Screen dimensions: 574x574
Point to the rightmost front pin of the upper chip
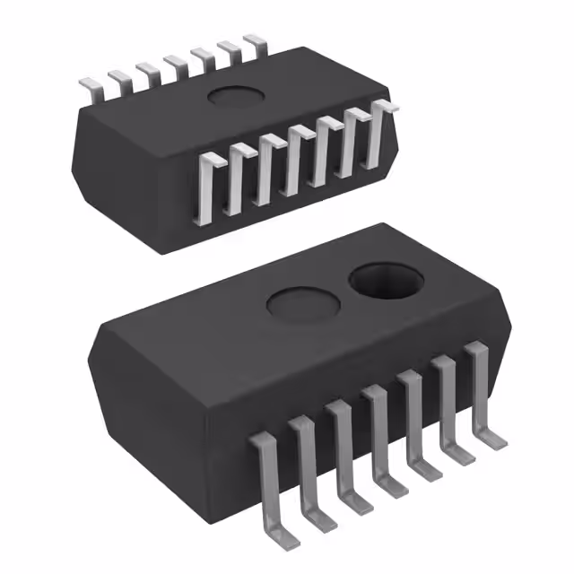pyautogui.click(x=378, y=135)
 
